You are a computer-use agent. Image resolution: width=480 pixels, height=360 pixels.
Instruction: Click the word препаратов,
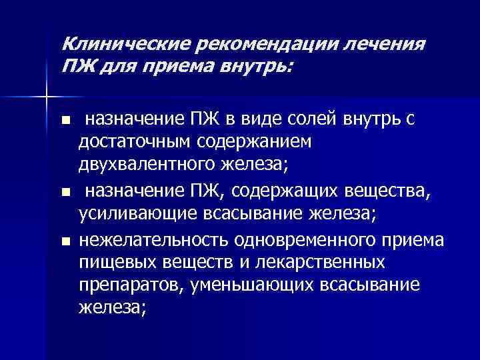click(x=131, y=285)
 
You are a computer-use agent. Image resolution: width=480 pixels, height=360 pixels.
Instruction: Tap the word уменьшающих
click(x=253, y=285)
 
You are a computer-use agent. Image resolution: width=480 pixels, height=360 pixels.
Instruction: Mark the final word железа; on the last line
click(x=111, y=307)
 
